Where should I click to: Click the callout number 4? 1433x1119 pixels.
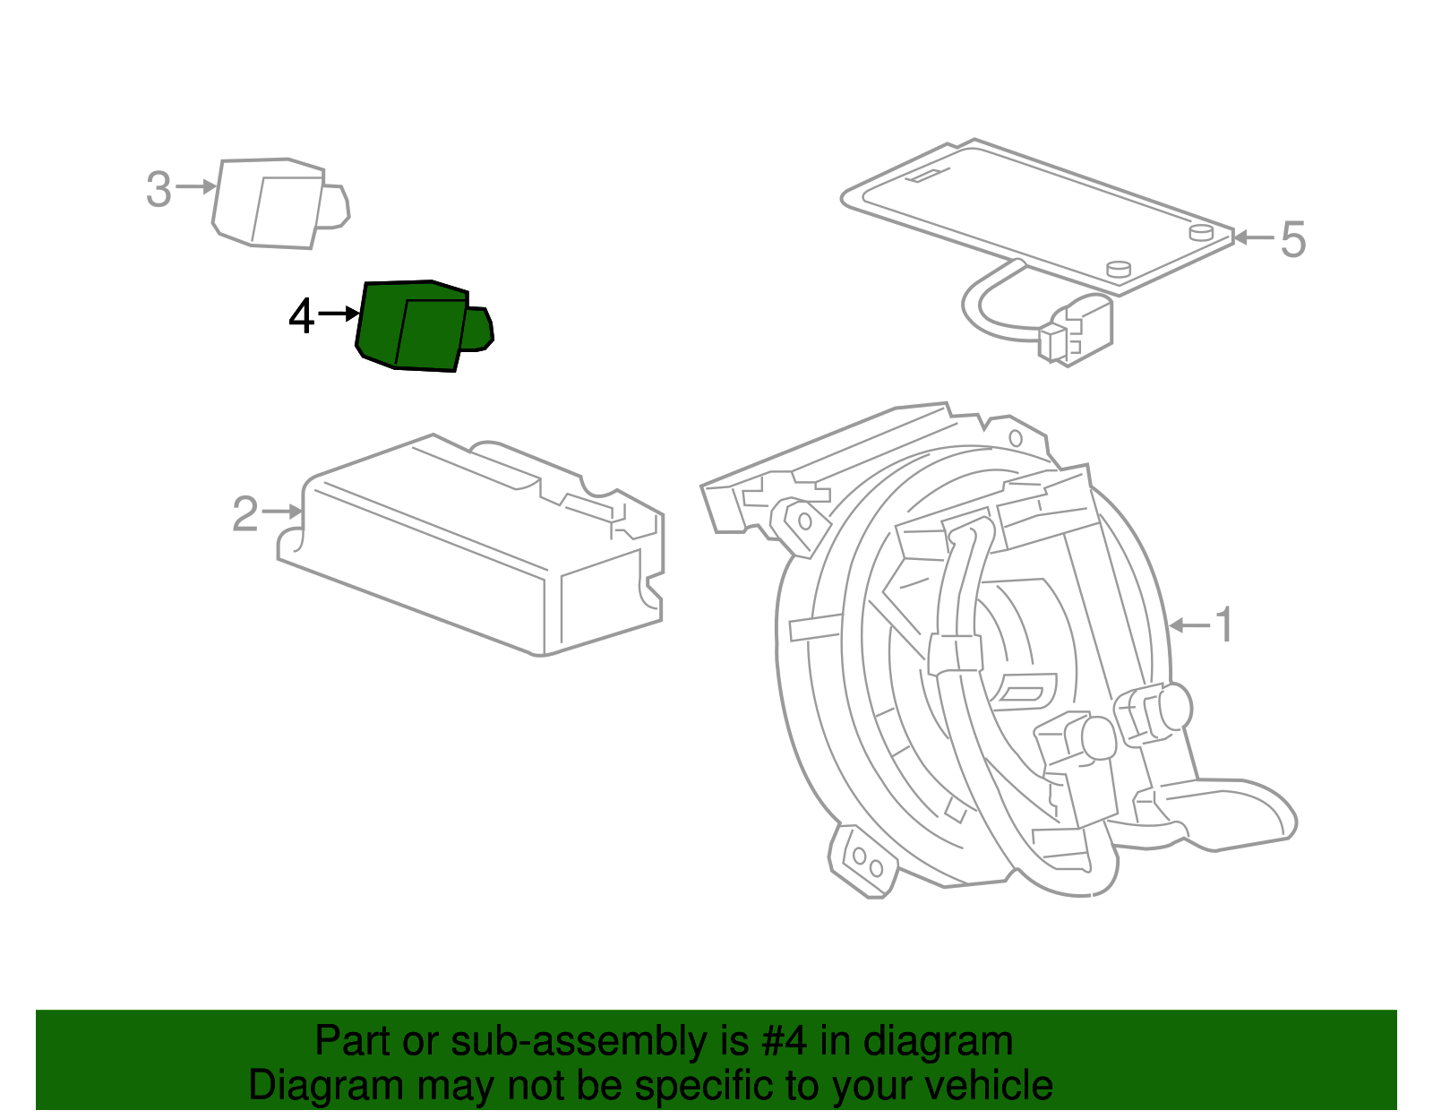tap(301, 316)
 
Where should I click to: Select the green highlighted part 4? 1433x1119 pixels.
tap(416, 326)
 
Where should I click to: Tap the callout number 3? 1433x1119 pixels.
tap(159, 190)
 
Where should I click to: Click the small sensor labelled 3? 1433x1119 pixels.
tap(273, 203)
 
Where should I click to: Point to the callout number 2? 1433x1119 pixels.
tap(245, 514)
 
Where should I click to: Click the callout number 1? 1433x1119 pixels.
tap(1224, 624)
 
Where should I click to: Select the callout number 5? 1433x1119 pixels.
tap(1292, 240)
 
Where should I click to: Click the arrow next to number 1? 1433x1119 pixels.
tap(1188, 624)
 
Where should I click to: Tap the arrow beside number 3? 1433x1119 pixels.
tap(196, 186)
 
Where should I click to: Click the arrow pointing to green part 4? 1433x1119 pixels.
tap(339, 314)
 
